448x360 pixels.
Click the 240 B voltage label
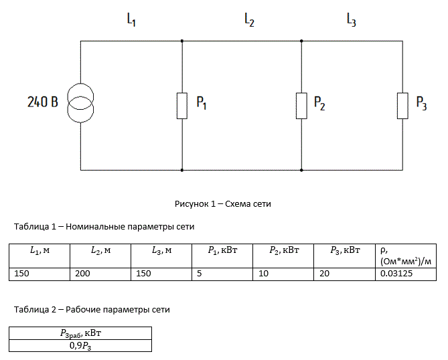point(43,102)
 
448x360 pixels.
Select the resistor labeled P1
point(182,106)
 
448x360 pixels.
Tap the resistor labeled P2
point(301,106)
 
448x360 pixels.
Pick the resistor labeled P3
point(402,106)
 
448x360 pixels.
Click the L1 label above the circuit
point(131,19)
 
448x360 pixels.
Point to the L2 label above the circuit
point(249,19)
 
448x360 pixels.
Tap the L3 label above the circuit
point(351,19)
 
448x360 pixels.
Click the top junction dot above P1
point(182,41)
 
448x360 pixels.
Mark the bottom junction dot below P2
point(301,170)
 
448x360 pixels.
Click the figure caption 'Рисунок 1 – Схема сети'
point(223,204)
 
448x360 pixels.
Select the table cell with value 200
point(100,274)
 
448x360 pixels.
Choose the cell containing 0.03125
point(406,274)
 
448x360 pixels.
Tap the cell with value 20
point(344,274)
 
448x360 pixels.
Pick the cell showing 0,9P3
point(80,346)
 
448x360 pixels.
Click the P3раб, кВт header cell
point(80,333)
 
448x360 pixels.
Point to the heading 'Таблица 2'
point(35,309)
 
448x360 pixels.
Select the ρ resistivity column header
point(406,256)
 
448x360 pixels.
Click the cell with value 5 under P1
point(222,274)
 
